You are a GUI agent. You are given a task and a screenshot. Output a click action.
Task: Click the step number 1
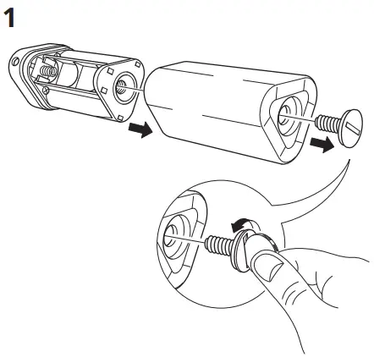click(x=9, y=18)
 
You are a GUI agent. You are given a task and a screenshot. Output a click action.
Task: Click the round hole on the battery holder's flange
click(x=15, y=61)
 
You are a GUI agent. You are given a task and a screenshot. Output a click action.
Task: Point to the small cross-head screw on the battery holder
click(x=47, y=91)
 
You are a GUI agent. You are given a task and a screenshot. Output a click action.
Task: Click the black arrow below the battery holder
click(x=140, y=129)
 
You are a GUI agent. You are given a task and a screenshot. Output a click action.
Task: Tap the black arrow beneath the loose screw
click(x=322, y=144)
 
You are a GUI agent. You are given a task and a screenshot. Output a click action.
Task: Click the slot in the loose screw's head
click(x=352, y=127)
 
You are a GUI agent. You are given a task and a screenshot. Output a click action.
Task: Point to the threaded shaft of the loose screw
click(x=328, y=124)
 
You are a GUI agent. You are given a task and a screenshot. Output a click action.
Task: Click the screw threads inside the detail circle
click(x=219, y=245)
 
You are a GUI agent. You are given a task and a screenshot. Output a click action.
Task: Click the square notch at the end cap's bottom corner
click(x=120, y=118)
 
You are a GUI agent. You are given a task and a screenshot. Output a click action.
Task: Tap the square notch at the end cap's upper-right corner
click(x=138, y=64)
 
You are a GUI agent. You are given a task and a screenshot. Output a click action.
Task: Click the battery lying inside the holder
click(x=69, y=74)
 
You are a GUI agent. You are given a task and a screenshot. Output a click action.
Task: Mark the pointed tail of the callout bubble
click(x=349, y=160)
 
